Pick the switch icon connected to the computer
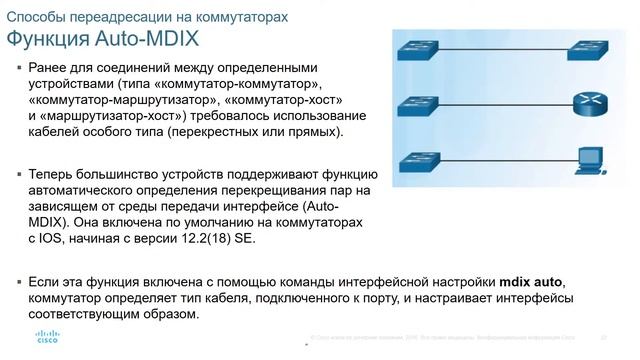point(413,160)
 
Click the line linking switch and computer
point(500,160)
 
